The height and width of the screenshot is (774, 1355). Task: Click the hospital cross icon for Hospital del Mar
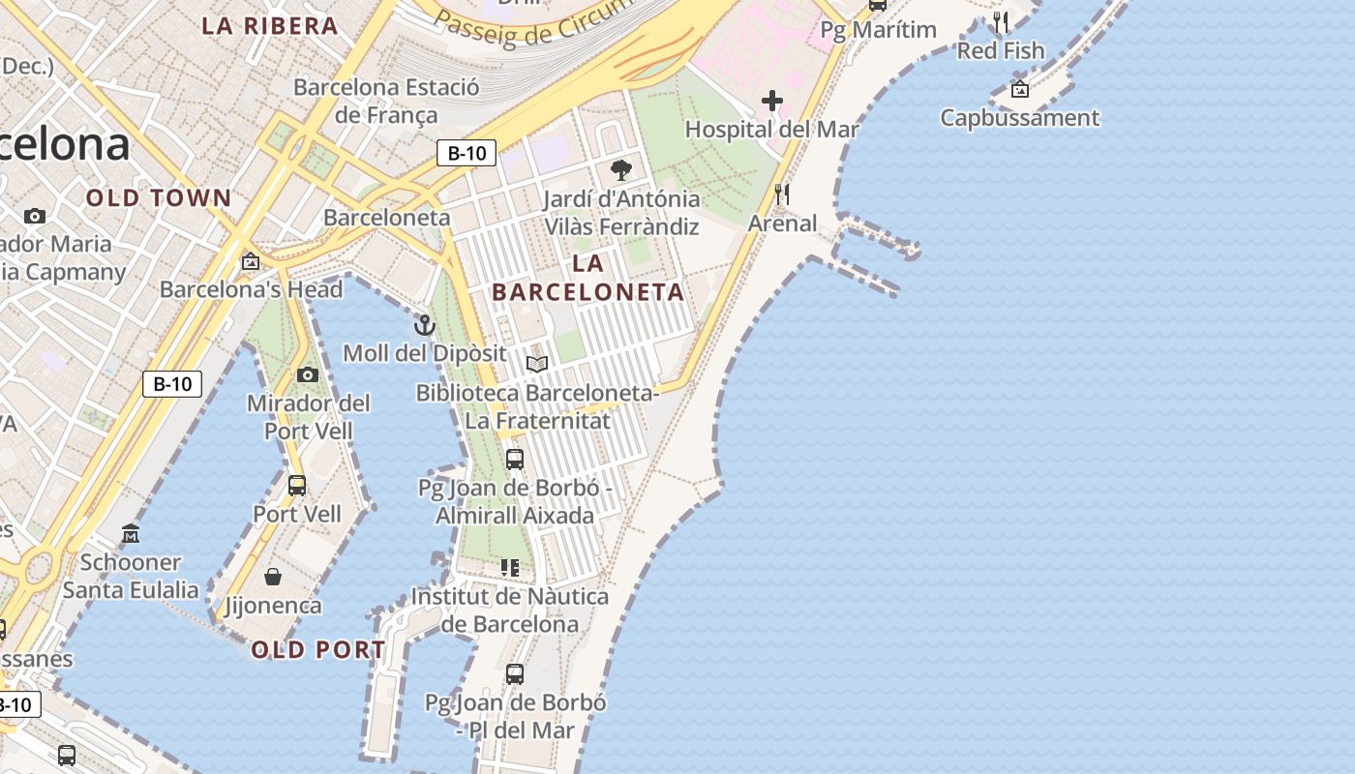tap(771, 100)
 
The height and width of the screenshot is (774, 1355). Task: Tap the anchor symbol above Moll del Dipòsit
tap(424, 325)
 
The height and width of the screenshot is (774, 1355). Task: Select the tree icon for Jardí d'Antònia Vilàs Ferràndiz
tap(620, 171)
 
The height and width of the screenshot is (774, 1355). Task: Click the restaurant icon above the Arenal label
tap(782, 194)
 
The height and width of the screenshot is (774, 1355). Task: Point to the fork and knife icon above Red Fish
tap(1001, 21)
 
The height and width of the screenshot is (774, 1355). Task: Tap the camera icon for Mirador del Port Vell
tap(308, 374)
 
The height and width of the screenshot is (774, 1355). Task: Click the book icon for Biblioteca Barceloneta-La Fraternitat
tap(537, 364)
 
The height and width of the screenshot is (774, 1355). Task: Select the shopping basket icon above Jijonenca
tap(273, 577)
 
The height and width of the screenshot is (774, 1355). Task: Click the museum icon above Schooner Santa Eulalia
tap(131, 533)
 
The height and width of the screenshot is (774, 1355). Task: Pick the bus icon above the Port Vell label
tap(297, 485)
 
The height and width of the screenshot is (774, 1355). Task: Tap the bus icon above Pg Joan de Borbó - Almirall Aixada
tap(515, 459)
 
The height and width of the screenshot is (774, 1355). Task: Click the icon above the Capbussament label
tap(1019, 90)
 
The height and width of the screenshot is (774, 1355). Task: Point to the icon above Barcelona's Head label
tap(251, 260)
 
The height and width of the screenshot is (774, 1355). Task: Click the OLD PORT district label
tap(318, 649)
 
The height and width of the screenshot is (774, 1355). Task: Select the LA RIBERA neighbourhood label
tap(270, 26)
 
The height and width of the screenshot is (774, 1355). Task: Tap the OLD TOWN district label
tap(159, 198)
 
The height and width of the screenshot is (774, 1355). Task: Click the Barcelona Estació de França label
tap(386, 101)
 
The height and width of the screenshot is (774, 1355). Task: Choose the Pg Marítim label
tap(878, 30)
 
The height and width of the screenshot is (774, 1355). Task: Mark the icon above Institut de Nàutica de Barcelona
tap(510, 568)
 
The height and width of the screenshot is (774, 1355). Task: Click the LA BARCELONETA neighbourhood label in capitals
tap(587, 277)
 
